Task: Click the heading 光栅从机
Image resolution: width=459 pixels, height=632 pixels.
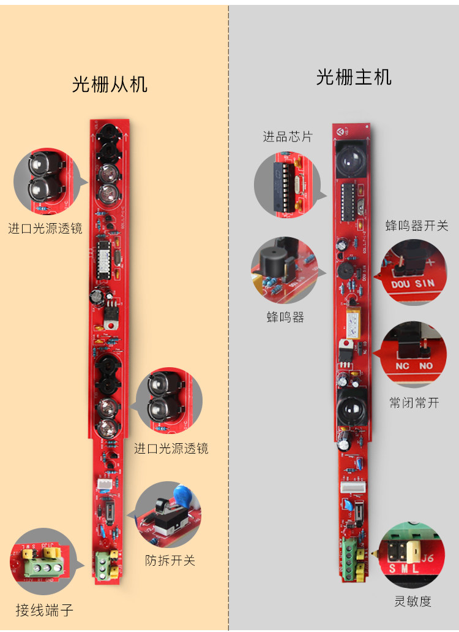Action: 110,84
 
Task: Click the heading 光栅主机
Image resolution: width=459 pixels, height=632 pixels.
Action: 354,77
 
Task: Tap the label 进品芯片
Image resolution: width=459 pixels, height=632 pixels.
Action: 288,137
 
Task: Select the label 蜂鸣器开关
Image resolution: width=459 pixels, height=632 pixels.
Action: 417,226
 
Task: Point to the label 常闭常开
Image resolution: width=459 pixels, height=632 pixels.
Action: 414,403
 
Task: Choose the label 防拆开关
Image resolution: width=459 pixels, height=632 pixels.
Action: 170,560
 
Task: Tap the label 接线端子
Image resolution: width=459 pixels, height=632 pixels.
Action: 45,610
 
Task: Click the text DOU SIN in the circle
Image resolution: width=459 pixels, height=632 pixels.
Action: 412,284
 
